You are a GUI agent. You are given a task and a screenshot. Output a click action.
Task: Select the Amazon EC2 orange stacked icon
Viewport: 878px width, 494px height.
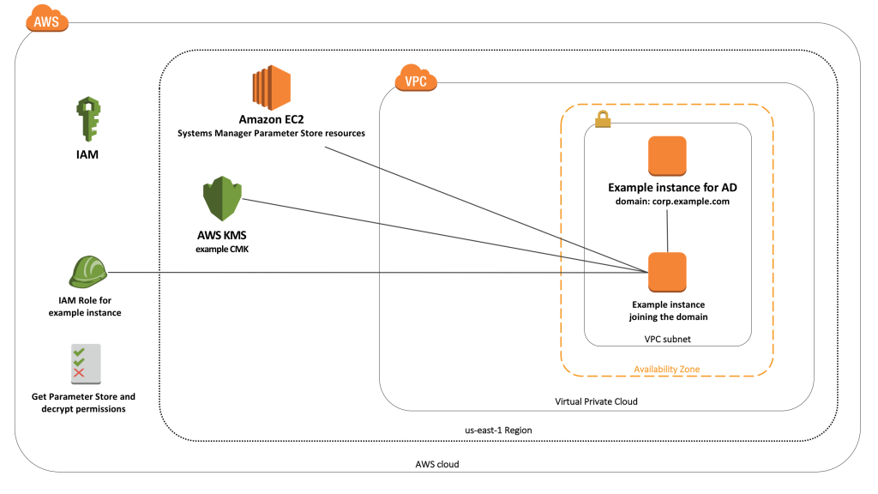(271, 89)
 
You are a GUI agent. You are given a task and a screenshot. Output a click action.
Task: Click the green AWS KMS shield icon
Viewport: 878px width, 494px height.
(222, 200)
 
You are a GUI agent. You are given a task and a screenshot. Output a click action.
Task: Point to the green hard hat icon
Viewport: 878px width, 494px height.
(86, 273)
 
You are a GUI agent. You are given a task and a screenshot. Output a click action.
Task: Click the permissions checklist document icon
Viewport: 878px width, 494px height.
(85, 364)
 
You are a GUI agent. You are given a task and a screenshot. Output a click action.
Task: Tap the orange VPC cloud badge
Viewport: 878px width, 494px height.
(416, 81)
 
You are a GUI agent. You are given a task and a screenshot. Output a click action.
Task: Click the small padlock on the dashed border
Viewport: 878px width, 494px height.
(603, 121)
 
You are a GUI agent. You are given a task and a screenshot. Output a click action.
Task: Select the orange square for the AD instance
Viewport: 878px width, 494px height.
(667, 156)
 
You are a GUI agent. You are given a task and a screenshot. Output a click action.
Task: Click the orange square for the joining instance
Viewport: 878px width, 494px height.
(667, 273)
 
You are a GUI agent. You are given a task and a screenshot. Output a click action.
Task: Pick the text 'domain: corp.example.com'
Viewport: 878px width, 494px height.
(667, 202)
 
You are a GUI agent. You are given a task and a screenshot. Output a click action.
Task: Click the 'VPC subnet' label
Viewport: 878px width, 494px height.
(667, 339)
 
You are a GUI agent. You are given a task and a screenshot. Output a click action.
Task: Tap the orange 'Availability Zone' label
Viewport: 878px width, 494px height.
(667, 369)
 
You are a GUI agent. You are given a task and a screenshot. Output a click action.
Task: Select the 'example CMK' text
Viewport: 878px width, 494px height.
(222, 248)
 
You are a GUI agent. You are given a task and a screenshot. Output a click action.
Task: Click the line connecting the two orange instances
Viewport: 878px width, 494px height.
(667, 230)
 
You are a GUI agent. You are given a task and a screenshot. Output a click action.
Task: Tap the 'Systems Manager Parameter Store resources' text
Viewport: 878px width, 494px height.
(271, 133)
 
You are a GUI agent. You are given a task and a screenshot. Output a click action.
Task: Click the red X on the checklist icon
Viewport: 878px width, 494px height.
(79, 373)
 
